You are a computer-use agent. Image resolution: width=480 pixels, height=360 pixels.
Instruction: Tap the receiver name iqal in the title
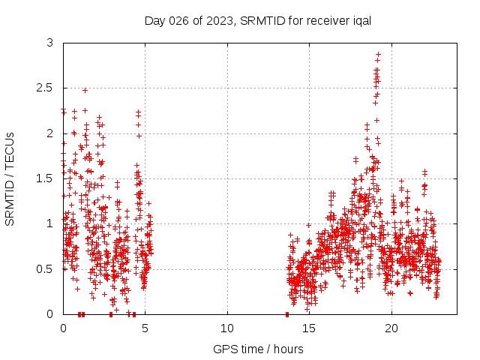[x=361, y=20]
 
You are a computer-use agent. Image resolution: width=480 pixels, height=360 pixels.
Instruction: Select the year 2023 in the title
[x=220, y=20]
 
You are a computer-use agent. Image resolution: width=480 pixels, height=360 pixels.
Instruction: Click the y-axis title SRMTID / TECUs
[x=10, y=178]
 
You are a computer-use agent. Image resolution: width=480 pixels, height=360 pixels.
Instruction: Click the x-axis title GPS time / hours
[x=258, y=349]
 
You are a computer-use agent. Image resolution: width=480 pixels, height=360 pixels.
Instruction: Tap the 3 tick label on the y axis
[x=50, y=43]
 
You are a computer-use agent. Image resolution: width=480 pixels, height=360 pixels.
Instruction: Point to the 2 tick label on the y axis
[x=50, y=133]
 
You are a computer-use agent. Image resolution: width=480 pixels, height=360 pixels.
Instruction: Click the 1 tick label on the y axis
[x=50, y=223]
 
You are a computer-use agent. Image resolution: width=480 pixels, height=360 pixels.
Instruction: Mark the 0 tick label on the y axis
[x=50, y=313]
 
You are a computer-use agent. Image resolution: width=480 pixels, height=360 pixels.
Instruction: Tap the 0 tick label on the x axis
[x=63, y=328]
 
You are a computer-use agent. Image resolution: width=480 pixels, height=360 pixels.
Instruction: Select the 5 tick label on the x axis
[x=145, y=328]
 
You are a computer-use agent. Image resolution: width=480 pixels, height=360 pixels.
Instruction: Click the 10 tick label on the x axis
[x=227, y=328]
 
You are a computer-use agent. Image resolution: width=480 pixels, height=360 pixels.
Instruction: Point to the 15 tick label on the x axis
[x=310, y=328]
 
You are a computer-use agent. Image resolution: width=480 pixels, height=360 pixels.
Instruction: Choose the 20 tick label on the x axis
[x=391, y=328]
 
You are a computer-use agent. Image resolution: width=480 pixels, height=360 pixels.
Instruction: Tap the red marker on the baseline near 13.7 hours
[x=287, y=313]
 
